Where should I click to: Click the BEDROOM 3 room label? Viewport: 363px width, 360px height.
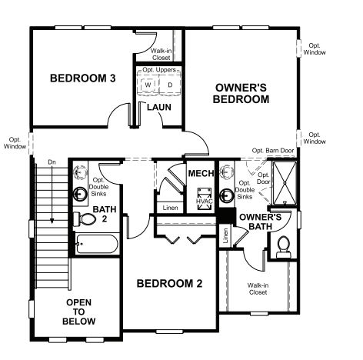pyautogui.click(x=82, y=78)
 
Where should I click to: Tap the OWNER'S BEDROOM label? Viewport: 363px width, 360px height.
pyautogui.click(x=241, y=93)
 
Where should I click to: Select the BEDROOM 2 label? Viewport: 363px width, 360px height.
pyautogui.click(x=169, y=283)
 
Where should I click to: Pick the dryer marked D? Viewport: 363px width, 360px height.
pyautogui.click(x=171, y=82)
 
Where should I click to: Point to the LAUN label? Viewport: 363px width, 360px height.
pyautogui.click(x=158, y=108)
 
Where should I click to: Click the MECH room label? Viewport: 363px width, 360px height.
pyautogui.click(x=200, y=175)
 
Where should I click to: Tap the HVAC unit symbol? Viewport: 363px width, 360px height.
pyautogui.click(x=203, y=198)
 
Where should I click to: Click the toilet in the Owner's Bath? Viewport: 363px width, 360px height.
pyautogui.click(x=281, y=245)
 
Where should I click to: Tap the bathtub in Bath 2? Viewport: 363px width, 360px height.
pyautogui.click(x=97, y=246)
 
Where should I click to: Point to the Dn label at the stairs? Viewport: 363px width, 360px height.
pyautogui.click(x=52, y=162)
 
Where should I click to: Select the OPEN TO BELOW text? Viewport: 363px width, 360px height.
pyautogui.click(x=79, y=311)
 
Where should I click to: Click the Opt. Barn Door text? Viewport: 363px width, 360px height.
pyautogui.click(x=273, y=151)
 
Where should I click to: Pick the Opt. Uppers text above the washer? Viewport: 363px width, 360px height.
pyautogui.click(x=160, y=70)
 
